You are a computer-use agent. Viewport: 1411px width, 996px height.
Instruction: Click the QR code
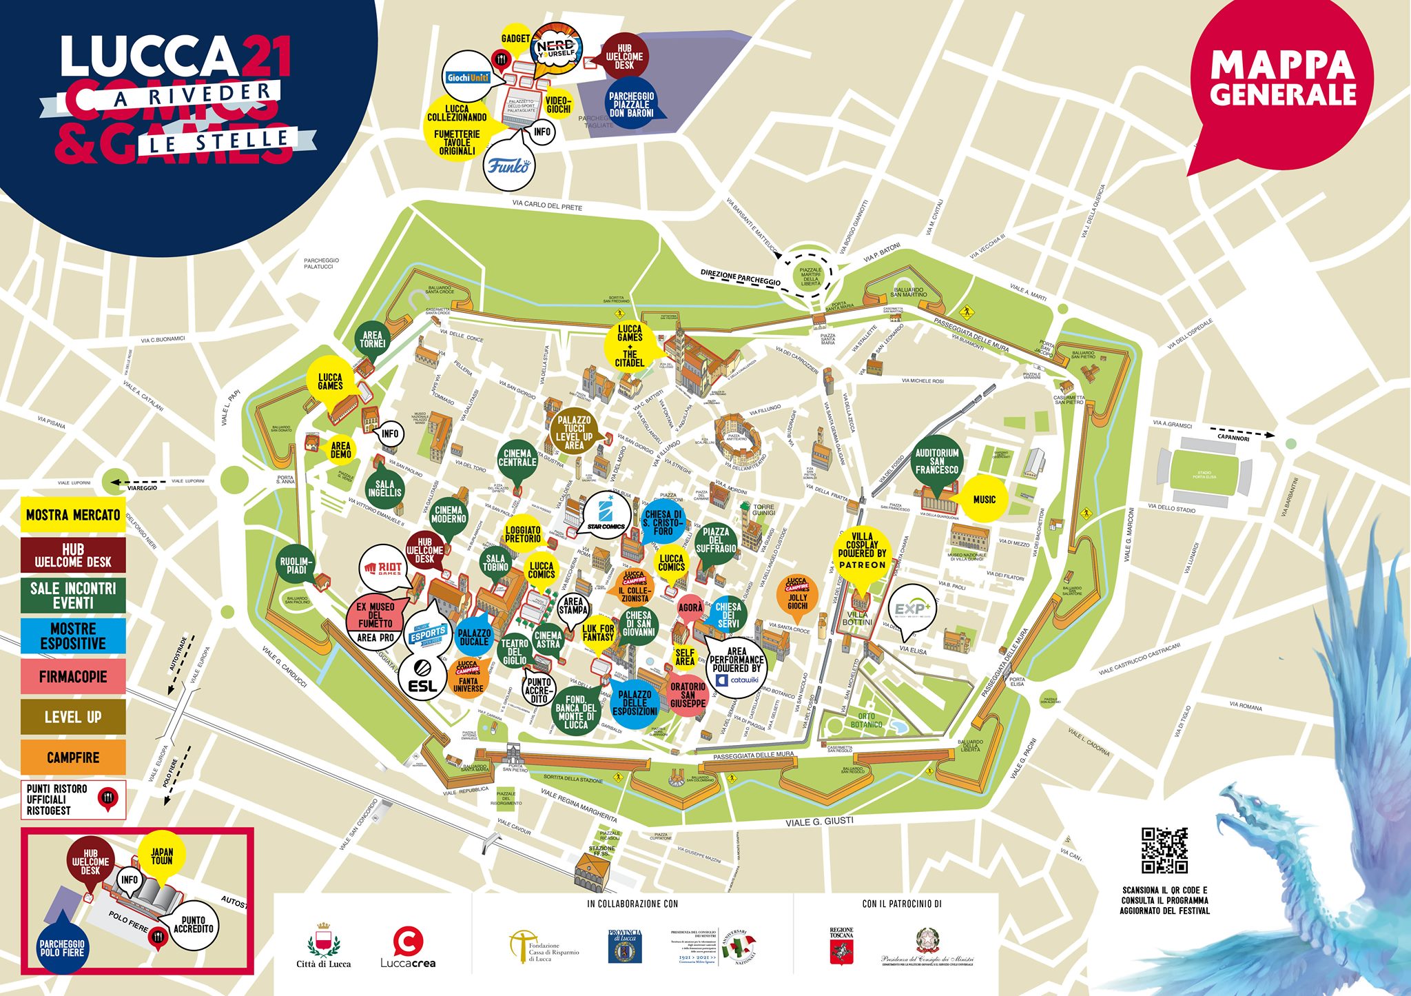coord(1164,851)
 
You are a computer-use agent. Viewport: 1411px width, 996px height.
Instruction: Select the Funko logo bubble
coord(509,165)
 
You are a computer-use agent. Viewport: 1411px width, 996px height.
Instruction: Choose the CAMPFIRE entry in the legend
coord(73,758)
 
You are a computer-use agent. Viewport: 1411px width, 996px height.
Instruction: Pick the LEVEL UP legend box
coord(73,717)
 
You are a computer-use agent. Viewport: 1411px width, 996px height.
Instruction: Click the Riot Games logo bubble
coord(384,568)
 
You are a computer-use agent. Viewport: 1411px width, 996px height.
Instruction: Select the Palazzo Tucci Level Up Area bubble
coord(574,433)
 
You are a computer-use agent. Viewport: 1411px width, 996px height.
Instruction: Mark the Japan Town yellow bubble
coord(162,857)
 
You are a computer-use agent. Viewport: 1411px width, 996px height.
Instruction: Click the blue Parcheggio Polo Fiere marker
coord(62,948)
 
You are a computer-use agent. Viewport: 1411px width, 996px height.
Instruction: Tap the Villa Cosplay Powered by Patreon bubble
coord(862,550)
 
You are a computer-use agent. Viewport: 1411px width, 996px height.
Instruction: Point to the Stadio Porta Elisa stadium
coord(1204,476)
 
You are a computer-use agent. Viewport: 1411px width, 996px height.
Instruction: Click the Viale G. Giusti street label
coord(819,822)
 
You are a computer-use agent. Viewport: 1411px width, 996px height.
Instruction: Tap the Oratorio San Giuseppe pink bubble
coord(688,695)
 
